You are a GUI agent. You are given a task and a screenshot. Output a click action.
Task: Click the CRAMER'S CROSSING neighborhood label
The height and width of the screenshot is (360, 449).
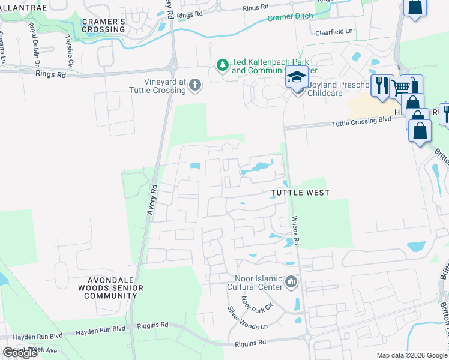[103, 26]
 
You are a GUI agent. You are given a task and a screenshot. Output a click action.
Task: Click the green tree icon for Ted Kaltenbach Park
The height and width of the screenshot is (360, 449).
[222, 65]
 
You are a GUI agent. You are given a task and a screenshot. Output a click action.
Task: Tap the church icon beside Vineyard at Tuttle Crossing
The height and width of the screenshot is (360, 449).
[194, 86]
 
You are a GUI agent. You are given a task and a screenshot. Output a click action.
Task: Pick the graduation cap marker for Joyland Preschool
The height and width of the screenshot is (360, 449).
[296, 79]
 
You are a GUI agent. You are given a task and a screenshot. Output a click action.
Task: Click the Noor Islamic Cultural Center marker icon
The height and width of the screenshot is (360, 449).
[291, 282]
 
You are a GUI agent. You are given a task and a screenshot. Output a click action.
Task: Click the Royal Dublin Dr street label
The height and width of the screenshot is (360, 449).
[34, 44]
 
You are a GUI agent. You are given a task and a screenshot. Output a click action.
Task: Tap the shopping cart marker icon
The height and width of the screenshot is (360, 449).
[400, 88]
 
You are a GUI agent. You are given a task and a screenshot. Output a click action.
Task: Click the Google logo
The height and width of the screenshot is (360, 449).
[20, 353]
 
